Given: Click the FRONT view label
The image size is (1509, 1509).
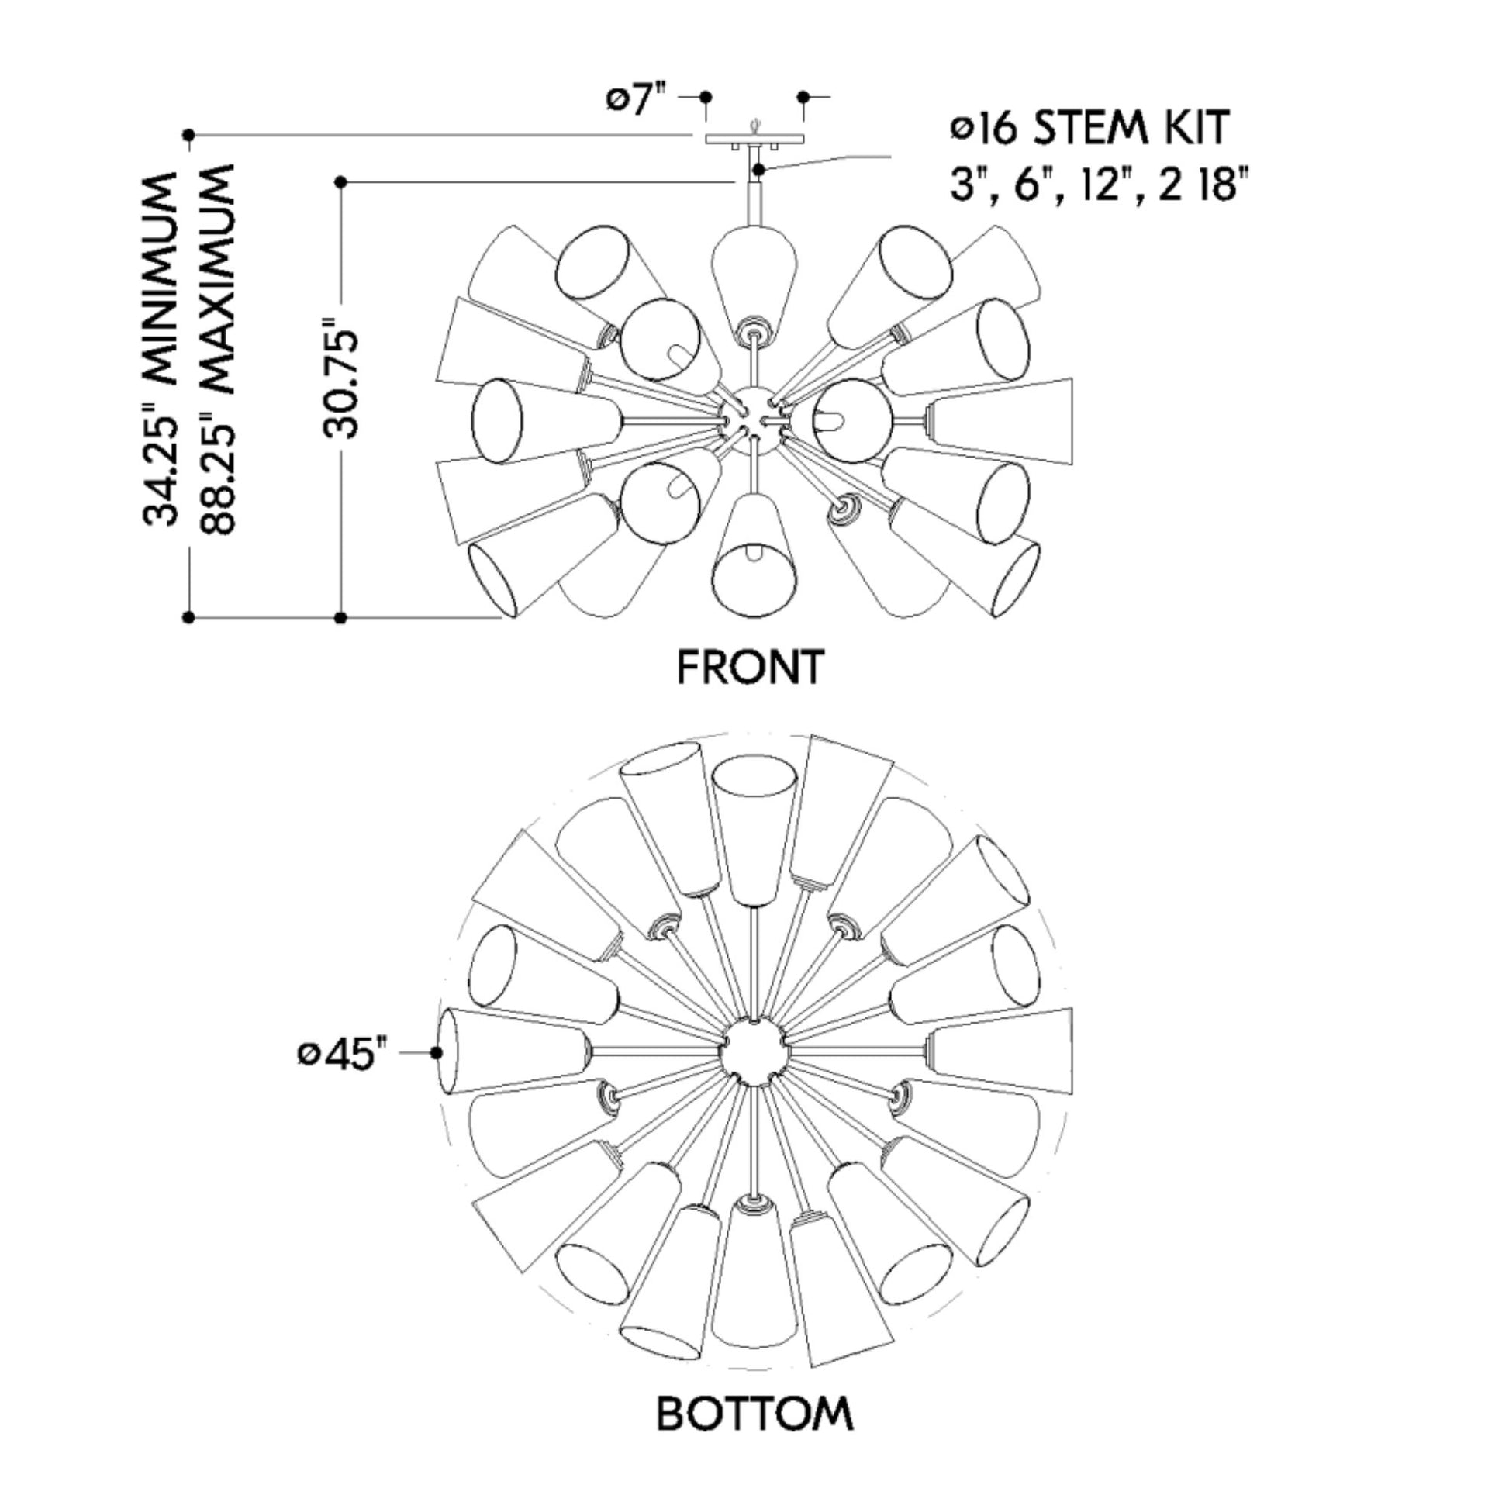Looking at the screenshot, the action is [750, 667].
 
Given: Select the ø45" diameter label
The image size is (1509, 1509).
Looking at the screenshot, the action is [343, 1055].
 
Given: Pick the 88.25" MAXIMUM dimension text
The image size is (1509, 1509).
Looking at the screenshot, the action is [216, 348].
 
